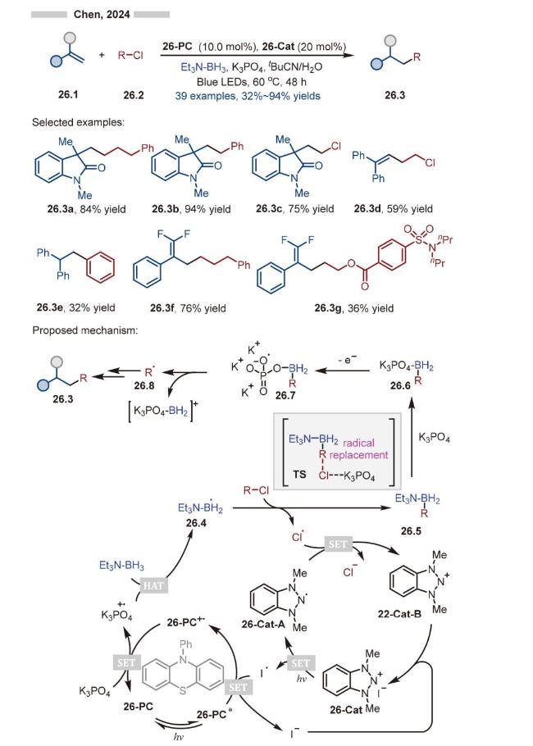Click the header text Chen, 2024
tap(102, 14)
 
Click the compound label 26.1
tap(68, 94)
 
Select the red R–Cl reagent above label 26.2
tap(130, 55)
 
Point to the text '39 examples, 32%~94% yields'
tap(248, 96)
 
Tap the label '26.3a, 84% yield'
tap(87, 209)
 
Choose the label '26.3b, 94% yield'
tap(191, 209)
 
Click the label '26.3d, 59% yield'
tap(394, 208)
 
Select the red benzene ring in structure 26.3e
tap(100, 267)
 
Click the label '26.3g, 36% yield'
tap(354, 308)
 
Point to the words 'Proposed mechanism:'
tap(85, 330)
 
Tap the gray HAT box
tap(153, 585)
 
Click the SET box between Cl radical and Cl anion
tap(338, 544)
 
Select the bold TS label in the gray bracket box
tap(300, 475)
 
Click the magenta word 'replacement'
tap(359, 455)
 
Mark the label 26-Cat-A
tap(263, 624)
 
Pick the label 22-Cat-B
tap(400, 614)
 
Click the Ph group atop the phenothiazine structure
tap(185, 644)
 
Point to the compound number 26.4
tap(197, 523)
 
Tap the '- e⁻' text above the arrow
tap(348, 360)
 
